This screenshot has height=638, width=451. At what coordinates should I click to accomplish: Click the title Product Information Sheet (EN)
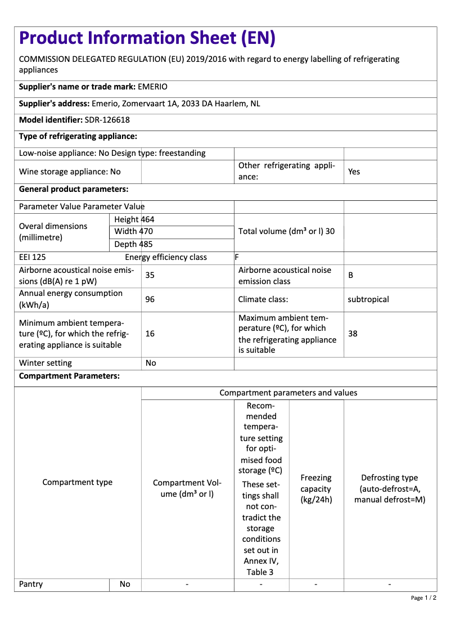click(147, 38)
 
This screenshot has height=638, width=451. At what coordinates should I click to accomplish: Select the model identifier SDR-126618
click(107, 120)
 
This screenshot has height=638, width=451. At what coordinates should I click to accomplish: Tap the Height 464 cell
click(134, 219)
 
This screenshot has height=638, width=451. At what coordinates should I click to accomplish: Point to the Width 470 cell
click(134, 231)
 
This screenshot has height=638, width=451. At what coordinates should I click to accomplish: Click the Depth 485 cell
click(133, 244)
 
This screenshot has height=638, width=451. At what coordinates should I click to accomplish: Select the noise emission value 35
click(150, 276)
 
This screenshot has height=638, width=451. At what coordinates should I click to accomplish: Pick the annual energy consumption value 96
click(150, 299)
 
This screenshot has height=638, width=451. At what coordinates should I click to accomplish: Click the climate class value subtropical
click(368, 299)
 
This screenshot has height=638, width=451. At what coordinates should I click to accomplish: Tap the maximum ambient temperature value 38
click(353, 334)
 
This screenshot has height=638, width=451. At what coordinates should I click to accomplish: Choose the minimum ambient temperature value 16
click(150, 334)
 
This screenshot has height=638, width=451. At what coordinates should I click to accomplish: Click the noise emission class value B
click(351, 276)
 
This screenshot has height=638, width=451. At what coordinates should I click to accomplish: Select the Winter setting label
click(46, 363)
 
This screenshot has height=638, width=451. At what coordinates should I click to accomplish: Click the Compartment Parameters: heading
click(69, 376)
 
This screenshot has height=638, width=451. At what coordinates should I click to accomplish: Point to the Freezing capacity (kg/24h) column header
click(316, 488)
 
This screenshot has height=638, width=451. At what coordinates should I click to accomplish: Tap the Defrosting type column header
click(390, 488)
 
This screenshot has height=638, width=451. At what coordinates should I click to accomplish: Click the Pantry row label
click(31, 584)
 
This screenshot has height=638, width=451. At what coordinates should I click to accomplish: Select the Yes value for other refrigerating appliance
click(354, 172)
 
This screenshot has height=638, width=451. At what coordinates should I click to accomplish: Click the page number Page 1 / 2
click(423, 598)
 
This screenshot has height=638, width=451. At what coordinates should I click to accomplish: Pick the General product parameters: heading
click(74, 189)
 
